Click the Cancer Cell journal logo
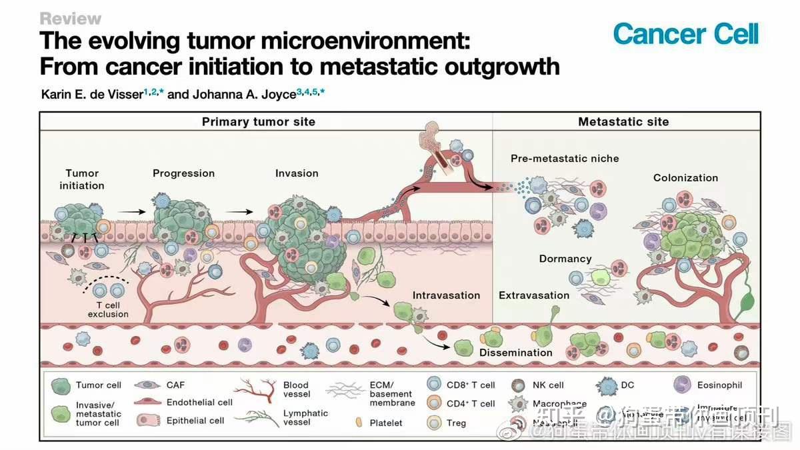tap(685, 33)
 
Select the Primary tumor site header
tap(258, 121)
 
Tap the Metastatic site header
tap(623, 121)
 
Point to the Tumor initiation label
tap(82, 179)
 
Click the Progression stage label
tap(183, 173)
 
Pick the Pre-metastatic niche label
tap(565, 159)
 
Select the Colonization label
tap(685, 178)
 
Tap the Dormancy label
tap(565, 259)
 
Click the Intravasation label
tap(446, 295)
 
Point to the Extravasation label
tap(534, 295)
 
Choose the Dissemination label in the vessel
tap(515, 352)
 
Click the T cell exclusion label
tap(108, 310)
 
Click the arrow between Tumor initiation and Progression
tap(135, 211)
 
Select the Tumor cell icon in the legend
tap(60, 385)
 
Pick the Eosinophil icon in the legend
tap(681, 385)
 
